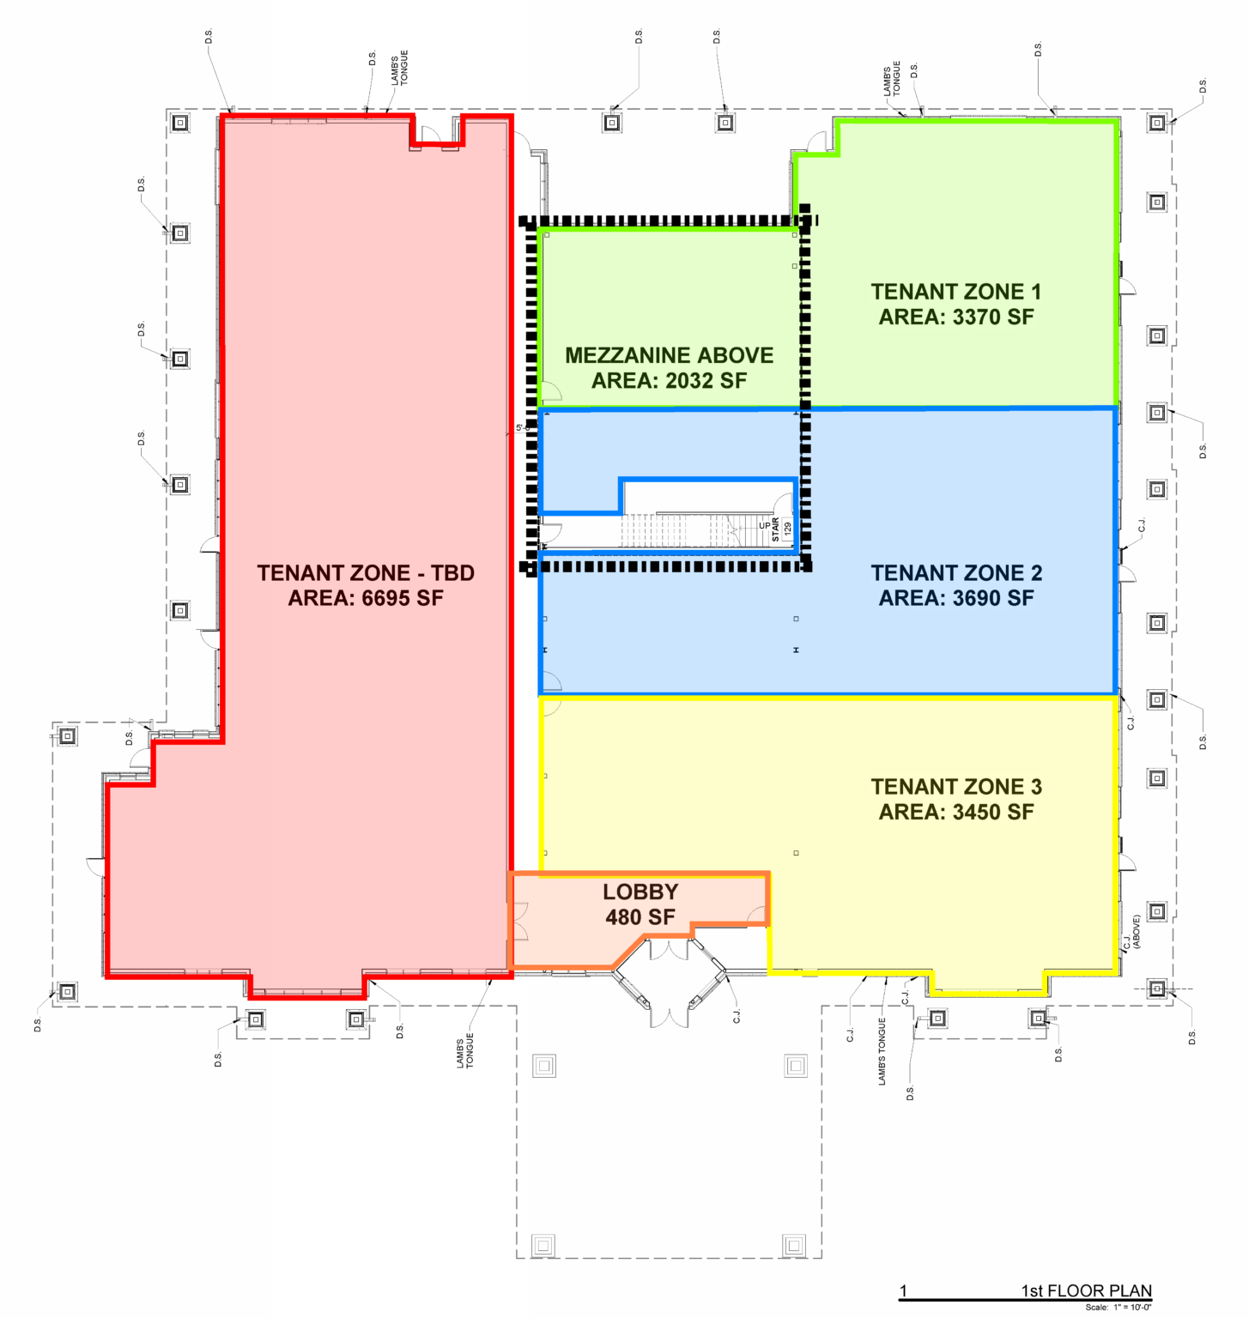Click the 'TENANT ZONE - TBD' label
(x=366, y=573)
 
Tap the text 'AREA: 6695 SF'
(x=366, y=598)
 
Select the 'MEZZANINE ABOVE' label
(x=669, y=355)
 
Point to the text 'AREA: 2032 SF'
(x=669, y=380)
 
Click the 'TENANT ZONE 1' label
(x=956, y=292)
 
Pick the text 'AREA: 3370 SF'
(x=956, y=317)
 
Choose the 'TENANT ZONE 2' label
(x=956, y=573)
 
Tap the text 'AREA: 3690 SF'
(x=956, y=598)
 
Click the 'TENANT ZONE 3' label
(x=956, y=787)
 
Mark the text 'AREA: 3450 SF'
(x=956, y=812)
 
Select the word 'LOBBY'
(x=640, y=892)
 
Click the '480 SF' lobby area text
(x=640, y=917)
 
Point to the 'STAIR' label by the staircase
(x=776, y=529)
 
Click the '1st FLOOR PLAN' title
(x=1086, y=1291)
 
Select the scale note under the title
(x=1119, y=1308)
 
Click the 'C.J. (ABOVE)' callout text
(x=1131, y=932)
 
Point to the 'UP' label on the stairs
(x=764, y=526)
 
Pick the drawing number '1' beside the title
(x=903, y=1291)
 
